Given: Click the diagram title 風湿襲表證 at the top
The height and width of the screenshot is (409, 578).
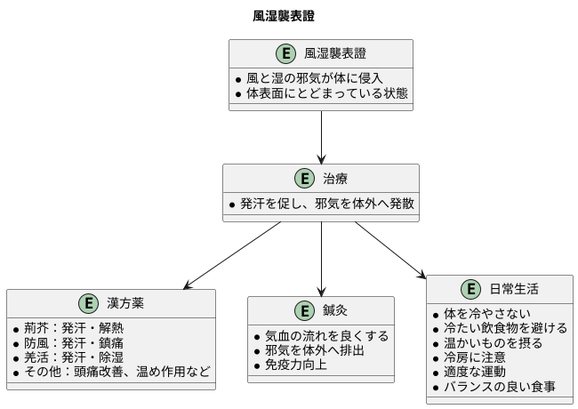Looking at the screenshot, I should [x=283, y=16].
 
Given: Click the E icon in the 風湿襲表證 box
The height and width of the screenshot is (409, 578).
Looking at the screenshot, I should [x=286, y=53].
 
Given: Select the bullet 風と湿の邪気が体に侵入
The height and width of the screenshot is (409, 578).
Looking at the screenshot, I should [x=320, y=77].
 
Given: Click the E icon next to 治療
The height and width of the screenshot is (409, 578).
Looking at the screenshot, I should [x=305, y=179].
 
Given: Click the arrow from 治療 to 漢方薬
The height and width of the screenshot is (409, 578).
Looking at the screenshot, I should [x=233, y=255].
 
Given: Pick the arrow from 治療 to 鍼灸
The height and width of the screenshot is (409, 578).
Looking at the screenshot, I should [x=321, y=258].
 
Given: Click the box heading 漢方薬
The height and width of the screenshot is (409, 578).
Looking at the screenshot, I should [x=125, y=304].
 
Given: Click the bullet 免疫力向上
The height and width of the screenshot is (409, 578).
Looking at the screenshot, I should [x=290, y=365].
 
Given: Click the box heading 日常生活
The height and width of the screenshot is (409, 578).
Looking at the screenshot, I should [x=513, y=290].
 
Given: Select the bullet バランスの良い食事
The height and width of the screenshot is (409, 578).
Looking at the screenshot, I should [x=500, y=387].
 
